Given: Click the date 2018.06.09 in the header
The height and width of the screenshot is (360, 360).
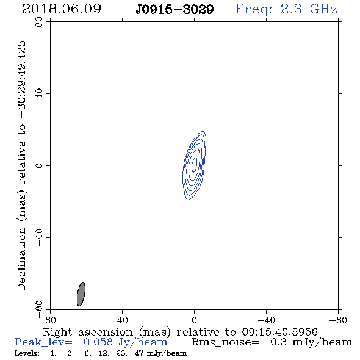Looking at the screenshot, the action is coord(62,9).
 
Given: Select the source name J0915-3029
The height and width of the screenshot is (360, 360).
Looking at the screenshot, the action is coord(175,10).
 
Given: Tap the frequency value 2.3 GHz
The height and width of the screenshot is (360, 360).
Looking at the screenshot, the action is coord(309,9).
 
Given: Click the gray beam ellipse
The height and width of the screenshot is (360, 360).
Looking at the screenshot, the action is coord(81,294).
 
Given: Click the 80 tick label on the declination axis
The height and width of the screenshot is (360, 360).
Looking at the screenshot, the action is coord(39,22).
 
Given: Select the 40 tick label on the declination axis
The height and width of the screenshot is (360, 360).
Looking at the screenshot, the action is coord(39,94).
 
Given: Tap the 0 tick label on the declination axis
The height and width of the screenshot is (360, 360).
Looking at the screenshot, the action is coord(39,165).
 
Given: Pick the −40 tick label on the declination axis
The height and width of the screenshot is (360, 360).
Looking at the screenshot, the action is coord(39,237).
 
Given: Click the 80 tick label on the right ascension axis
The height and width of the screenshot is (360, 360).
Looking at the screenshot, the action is coord(50,320).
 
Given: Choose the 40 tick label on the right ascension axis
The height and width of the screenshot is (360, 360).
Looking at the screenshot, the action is coord(122,320).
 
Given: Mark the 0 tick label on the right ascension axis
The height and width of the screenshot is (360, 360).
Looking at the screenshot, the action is coord(194,320).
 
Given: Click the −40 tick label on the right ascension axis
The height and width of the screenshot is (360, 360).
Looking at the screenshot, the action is coord(266,320).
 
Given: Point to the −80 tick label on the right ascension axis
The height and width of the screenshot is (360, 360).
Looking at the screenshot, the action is coord(338,320).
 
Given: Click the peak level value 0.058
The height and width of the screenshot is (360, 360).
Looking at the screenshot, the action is coord(98,342).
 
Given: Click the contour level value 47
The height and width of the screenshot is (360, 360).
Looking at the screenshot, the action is coord(139,353).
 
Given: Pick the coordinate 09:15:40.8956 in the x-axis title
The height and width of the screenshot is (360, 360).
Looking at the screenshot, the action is coord(279,332).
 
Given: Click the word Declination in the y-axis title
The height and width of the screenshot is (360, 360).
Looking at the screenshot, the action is coord(21,259).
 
